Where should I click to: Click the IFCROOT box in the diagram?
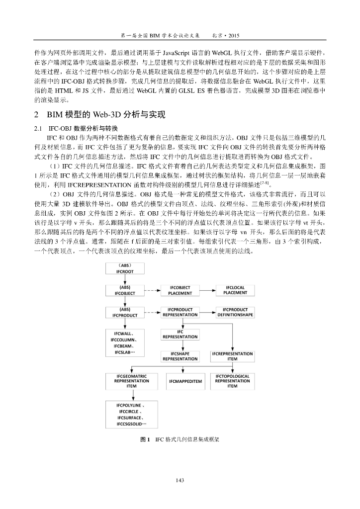[125, 269]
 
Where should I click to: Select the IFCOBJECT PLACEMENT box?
[180, 290]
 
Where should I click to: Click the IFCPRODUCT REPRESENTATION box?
[180, 312]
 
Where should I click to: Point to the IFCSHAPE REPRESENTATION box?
[180, 356]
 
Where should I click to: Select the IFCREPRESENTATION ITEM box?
[232, 356]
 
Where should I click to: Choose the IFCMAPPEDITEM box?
[185, 381]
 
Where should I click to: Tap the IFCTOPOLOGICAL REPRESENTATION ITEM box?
[232, 381]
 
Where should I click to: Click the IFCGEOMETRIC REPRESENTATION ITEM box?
[131, 381]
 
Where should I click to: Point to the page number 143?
[180, 480]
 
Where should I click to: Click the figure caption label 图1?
[146, 440]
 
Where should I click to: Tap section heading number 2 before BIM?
[36, 115]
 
